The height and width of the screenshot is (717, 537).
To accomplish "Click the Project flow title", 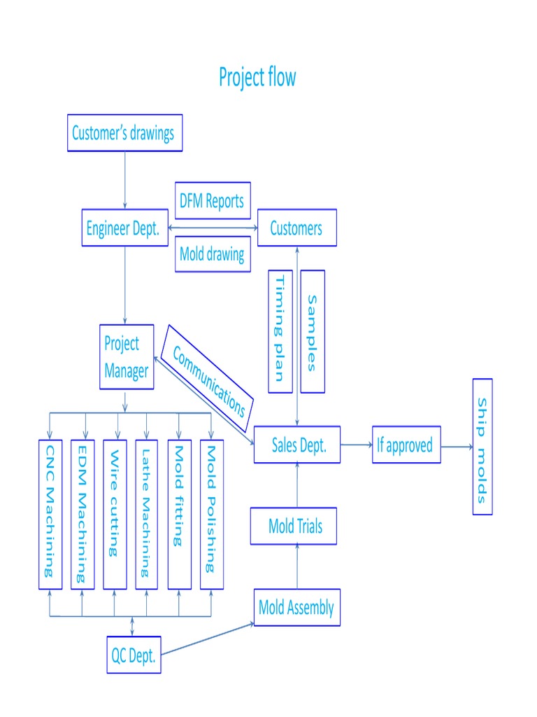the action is pos(257,77).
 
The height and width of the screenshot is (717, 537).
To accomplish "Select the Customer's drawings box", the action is pos(124,133).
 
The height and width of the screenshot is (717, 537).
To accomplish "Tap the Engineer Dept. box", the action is pos(124,228).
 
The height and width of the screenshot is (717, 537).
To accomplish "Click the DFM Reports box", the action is pos(213,201).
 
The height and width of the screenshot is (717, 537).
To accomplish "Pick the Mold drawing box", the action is pos(213,253).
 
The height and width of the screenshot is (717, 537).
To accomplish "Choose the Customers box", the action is pos(296,228).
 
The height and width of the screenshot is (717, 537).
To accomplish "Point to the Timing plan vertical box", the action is pos(280,331).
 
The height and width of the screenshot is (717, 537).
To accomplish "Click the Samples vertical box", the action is pos(313,331).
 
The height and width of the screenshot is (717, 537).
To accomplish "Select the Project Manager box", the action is pos(127,357).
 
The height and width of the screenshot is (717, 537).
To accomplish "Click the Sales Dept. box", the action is pos(296,445).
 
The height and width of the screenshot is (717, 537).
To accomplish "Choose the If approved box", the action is pos(406,445).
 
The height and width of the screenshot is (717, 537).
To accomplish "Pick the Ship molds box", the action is pos(482,447).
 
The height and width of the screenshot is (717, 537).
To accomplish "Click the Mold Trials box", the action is pos(294,526).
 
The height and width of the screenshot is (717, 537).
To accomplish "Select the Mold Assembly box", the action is pos(296,607).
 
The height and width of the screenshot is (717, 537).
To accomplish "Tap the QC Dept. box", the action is pos(134,655).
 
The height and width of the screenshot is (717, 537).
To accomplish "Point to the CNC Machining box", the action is pos(50,515).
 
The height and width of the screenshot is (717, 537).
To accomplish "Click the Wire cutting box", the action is pos(115,515).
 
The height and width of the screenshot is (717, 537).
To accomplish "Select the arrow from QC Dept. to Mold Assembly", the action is pos(208,639).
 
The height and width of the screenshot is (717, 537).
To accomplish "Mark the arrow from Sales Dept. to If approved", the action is pos(357,445).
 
